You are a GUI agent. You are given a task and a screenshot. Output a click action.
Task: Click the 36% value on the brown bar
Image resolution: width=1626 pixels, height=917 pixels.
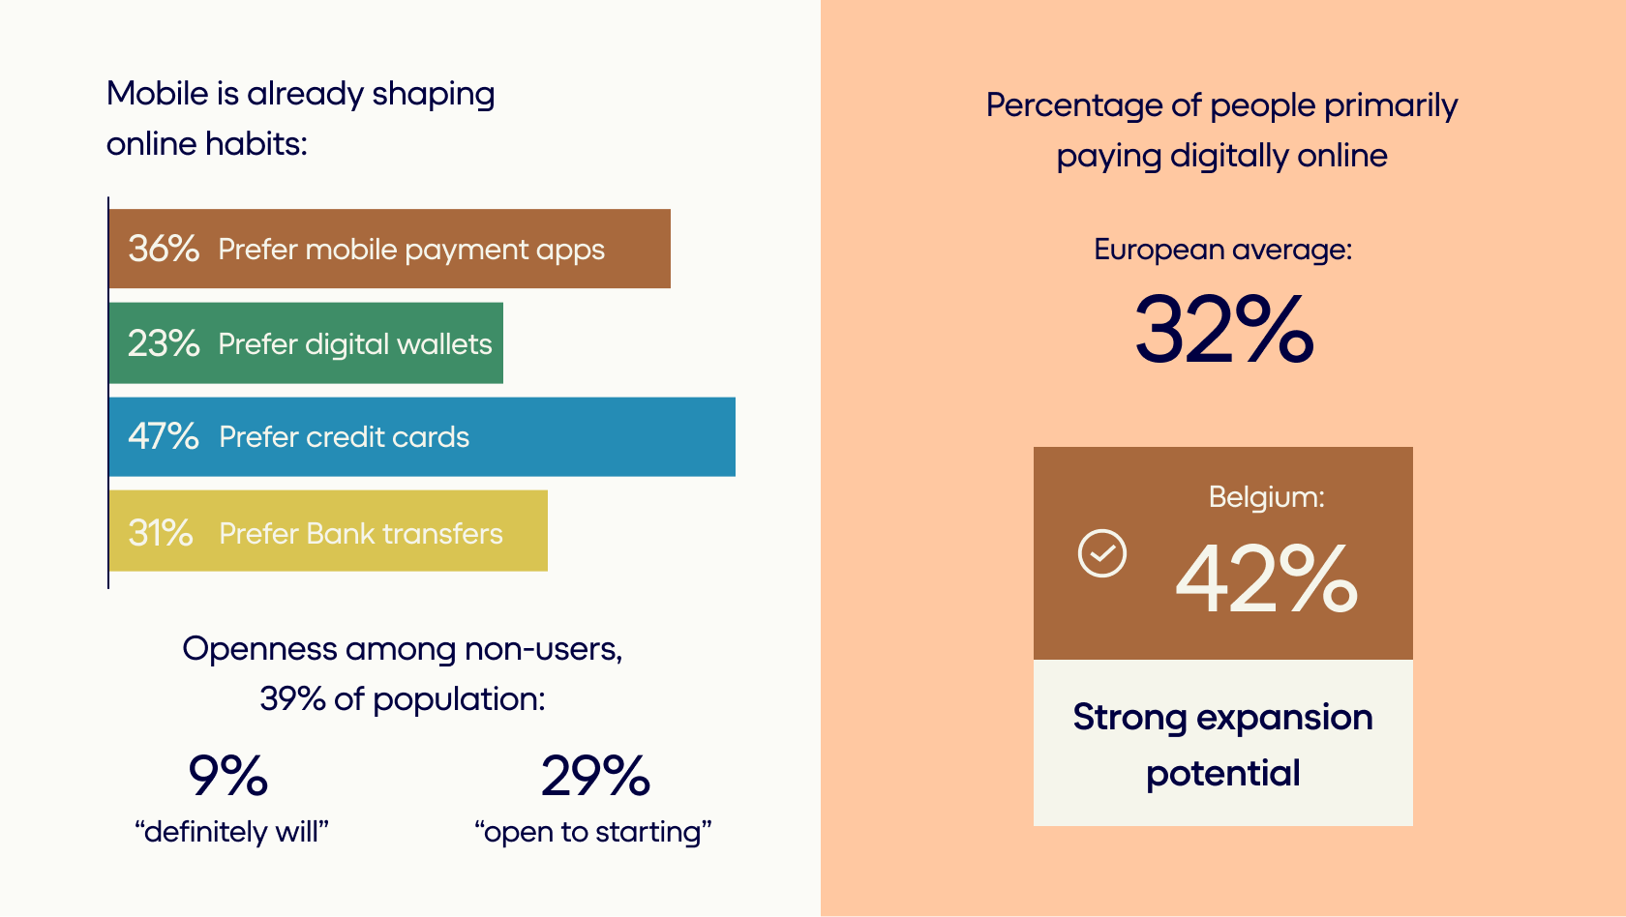click(x=164, y=249)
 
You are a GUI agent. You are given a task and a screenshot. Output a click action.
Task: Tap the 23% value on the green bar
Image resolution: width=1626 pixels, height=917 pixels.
click(x=164, y=343)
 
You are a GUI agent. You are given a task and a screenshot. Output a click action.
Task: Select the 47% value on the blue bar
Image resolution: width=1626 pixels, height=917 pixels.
click(x=164, y=437)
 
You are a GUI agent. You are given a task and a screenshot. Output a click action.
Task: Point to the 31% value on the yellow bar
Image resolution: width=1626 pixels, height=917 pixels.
click(x=161, y=532)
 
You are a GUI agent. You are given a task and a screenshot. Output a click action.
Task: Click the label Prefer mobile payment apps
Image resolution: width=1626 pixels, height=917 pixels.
click(x=410, y=251)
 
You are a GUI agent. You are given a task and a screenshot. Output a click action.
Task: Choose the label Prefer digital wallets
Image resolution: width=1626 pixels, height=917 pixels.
click(x=355, y=344)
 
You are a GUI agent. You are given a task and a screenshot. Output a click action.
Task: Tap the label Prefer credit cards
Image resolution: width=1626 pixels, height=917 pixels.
click(x=345, y=437)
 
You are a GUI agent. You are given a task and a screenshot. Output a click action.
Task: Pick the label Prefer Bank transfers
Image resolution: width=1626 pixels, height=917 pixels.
click(x=361, y=533)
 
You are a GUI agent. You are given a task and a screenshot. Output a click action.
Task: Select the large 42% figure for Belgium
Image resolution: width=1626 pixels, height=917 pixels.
click(x=1266, y=578)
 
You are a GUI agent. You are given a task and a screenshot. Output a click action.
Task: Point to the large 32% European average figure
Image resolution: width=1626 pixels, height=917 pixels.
click(x=1223, y=329)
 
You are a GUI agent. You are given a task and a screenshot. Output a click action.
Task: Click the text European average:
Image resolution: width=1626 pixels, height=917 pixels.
click(x=1223, y=251)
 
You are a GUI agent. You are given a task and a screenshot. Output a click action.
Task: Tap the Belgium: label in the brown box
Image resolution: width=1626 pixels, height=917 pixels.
click(x=1266, y=497)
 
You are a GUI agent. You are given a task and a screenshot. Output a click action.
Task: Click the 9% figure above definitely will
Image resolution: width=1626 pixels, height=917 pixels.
click(x=228, y=776)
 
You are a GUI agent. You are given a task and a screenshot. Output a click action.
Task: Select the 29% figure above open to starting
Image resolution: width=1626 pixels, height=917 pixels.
click(x=595, y=776)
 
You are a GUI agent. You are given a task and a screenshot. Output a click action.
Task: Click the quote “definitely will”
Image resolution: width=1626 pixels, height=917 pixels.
click(x=231, y=832)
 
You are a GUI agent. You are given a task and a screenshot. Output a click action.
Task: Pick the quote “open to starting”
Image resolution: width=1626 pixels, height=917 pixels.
click(x=593, y=832)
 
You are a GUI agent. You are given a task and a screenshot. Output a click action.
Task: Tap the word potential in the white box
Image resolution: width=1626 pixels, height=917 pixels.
click(x=1223, y=774)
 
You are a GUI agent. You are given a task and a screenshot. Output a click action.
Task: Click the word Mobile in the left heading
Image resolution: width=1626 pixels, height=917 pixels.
click(x=158, y=94)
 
